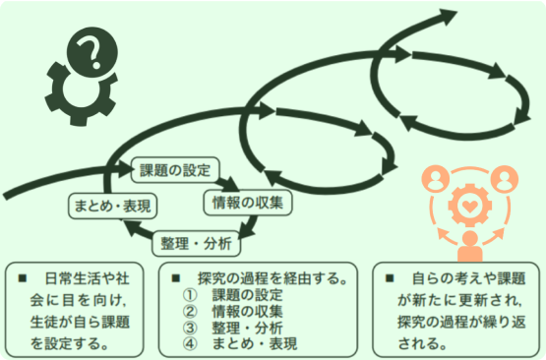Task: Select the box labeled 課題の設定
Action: coord(176,169)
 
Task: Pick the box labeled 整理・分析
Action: coord(197,243)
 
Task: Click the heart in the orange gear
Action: coord(467,209)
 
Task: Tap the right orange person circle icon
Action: coord(504,179)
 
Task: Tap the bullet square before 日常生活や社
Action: coord(22,278)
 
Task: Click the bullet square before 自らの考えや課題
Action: coord(389,278)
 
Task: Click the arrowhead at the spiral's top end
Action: coord(448,18)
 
